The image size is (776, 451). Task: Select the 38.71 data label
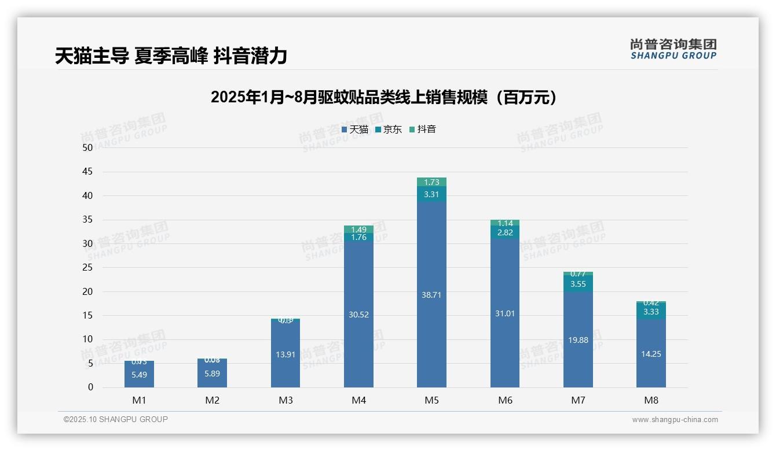click(431, 295)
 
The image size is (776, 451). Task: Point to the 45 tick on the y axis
click(87, 172)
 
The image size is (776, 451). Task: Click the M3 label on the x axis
click(285, 400)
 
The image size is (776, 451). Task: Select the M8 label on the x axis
click(651, 400)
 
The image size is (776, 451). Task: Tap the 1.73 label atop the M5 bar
click(431, 182)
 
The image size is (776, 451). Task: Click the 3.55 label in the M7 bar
click(578, 284)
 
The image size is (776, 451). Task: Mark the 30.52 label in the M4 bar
click(358, 315)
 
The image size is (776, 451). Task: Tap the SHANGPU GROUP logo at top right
click(673, 49)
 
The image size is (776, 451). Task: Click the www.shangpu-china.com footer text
click(675, 420)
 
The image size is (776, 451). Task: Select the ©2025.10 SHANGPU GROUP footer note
click(116, 420)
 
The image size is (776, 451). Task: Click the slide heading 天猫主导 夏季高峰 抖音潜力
click(171, 56)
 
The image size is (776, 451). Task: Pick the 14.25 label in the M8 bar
click(651, 354)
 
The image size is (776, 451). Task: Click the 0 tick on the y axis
click(90, 387)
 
